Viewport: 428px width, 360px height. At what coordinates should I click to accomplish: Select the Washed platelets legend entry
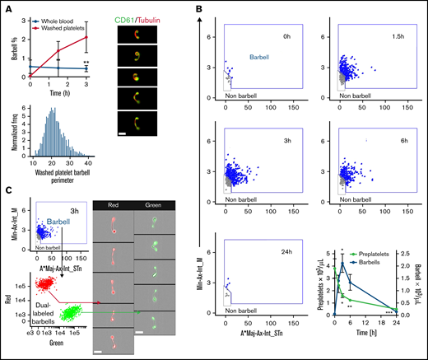click(x=64, y=18)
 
